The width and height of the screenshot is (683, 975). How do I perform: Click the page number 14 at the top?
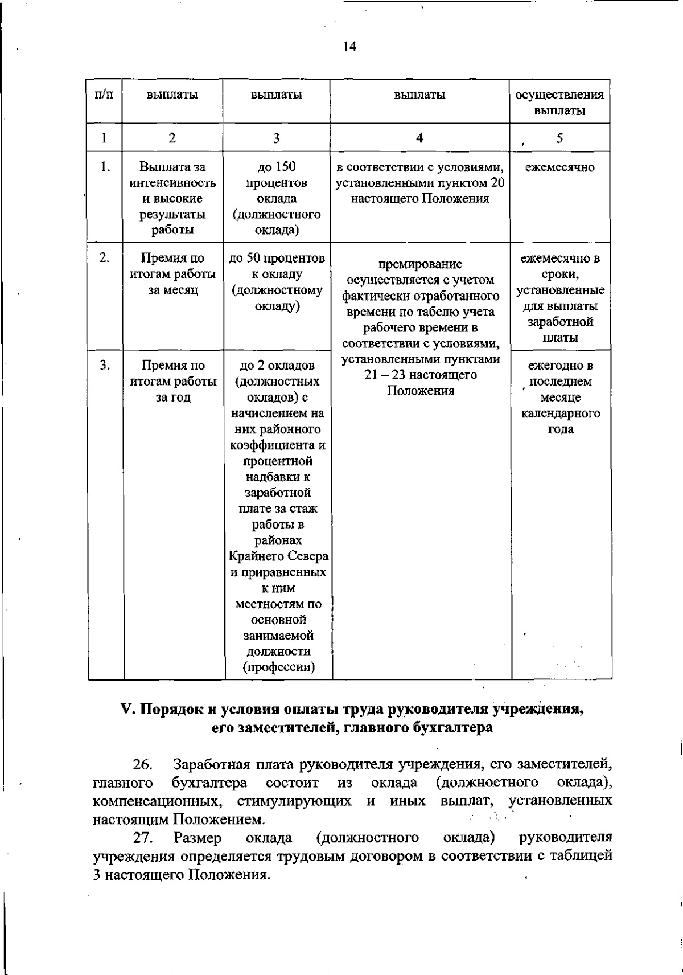349,47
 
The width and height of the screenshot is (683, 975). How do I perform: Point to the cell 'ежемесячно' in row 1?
559,167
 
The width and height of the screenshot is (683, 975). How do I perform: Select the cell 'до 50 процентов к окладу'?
276,282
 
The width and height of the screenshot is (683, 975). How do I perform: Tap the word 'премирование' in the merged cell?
421,265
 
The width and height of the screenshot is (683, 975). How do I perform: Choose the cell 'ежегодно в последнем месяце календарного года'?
559,397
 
